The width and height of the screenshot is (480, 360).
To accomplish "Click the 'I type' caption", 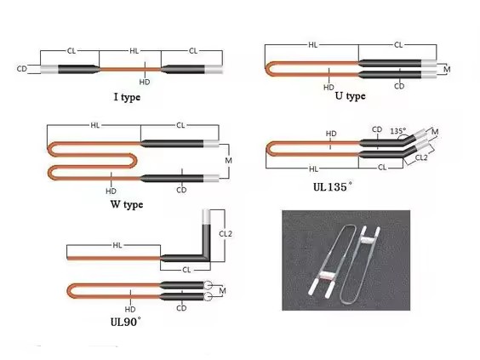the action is pyautogui.click(x=127, y=97).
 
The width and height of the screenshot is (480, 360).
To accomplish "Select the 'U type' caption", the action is pyautogui.click(x=350, y=96).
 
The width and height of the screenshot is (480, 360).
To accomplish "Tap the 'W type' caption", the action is pyautogui.click(x=127, y=204).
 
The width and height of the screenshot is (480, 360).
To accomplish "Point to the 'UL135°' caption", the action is pyautogui.click(x=333, y=186).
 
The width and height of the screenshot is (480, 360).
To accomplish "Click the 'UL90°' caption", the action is pyautogui.click(x=126, y=322).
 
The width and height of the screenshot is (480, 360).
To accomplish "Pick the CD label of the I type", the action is pyautogui.click(x=22, y=69).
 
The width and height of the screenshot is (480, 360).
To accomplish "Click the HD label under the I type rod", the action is pyautogui.click(x=145, y=82).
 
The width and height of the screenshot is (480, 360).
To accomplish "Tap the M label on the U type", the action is pyautogui.click(x=447, y=70).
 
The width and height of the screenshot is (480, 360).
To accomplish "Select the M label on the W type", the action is pyautogui.click(x=228, y=160).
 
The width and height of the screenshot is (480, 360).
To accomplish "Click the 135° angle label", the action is pyautogui.click(x=397, y=131).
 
